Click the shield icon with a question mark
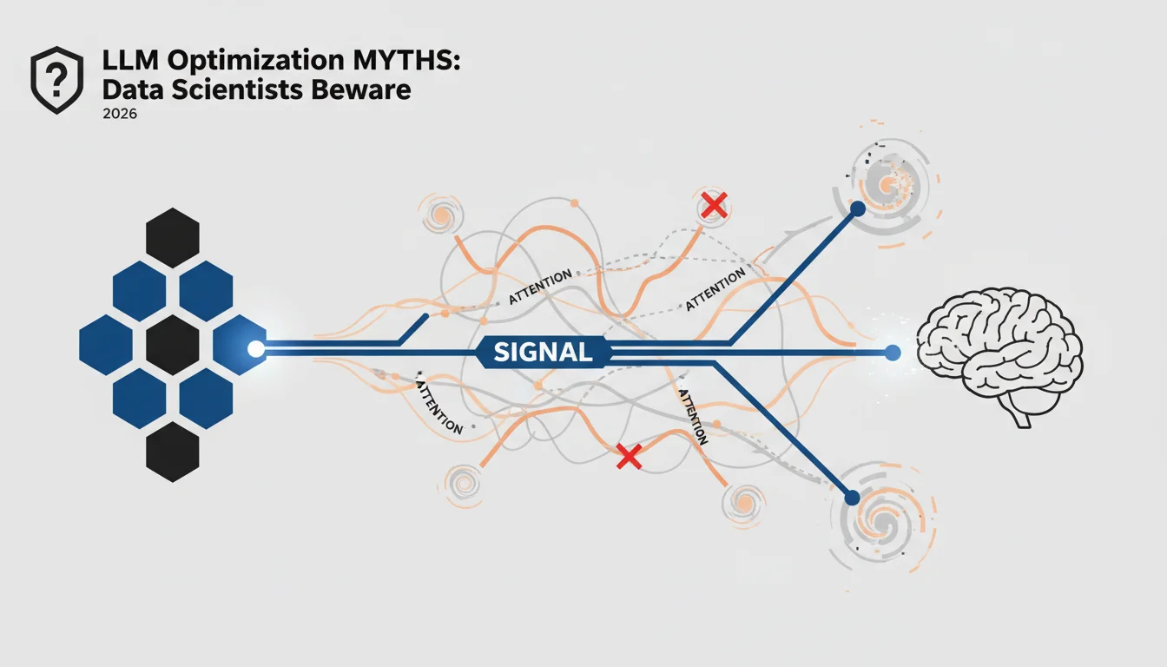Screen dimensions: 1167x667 point(56,80)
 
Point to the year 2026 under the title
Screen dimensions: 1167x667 point(120,114)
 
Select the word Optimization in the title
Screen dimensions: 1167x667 point(256,62)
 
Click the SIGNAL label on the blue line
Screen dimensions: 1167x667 point(543,353)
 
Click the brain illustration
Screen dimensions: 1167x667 point(999,356)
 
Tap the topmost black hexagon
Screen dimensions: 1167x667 point(173,238)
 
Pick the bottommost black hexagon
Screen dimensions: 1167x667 point(173,452)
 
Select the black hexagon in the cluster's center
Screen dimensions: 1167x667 point(173,345)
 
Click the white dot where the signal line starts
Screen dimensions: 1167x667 point(256,348)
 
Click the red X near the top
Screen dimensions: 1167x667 point(714,205)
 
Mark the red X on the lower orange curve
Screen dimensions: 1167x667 point(629,457)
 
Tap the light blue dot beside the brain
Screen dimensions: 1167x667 point(893,353)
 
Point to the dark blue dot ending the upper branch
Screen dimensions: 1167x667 point(857,209)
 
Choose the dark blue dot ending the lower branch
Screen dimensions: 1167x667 point(852,498)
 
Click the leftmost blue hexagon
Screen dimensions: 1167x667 point(106,345)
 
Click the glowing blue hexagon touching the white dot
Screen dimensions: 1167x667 point(240,345)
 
